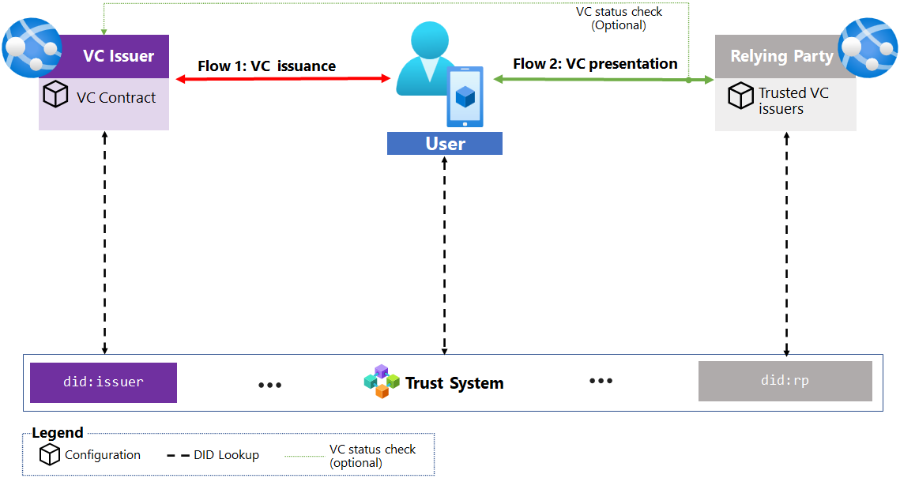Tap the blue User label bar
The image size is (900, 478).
click(445, 144)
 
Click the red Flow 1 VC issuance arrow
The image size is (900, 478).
click(284, 78)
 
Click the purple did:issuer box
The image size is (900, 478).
click(104, 382)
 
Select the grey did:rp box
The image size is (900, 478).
click(785, 381)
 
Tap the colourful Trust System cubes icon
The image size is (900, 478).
click(382, 382)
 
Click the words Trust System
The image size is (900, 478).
click(454, 383)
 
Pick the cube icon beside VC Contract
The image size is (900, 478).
click(56, 96)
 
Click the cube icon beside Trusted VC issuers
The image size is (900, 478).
click(740, 96)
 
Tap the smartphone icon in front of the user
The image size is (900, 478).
click(465, 96)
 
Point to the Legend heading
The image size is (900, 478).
click(58, 433)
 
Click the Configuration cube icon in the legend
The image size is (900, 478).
click(50, 454)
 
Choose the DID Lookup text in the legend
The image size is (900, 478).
click(226, 454)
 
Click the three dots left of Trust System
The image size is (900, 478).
click(270, 385)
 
